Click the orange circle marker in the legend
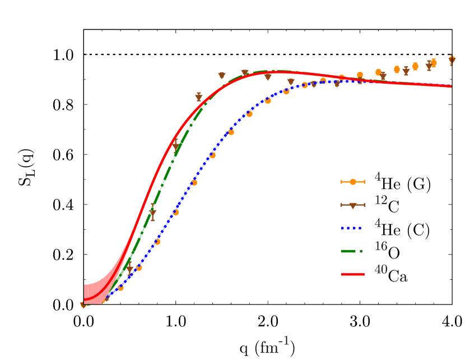coord(352,182)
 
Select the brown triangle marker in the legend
coord(352,205)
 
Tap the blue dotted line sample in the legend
coord(352,228)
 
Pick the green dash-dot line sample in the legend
coord(352,251)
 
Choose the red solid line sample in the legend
coord(352,274)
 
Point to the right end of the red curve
coord(450,86)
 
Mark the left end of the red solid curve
coord(85,299)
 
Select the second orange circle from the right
coord(433,63)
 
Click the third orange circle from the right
coord(415,66)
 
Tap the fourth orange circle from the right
coord(397,70)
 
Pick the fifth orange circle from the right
coord(378,72)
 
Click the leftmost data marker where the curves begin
coord(83,304)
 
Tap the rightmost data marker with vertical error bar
coord(452,59)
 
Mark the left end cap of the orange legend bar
coord(341,182)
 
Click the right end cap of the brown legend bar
coord(365,205)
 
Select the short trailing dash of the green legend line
coord(361,251)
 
